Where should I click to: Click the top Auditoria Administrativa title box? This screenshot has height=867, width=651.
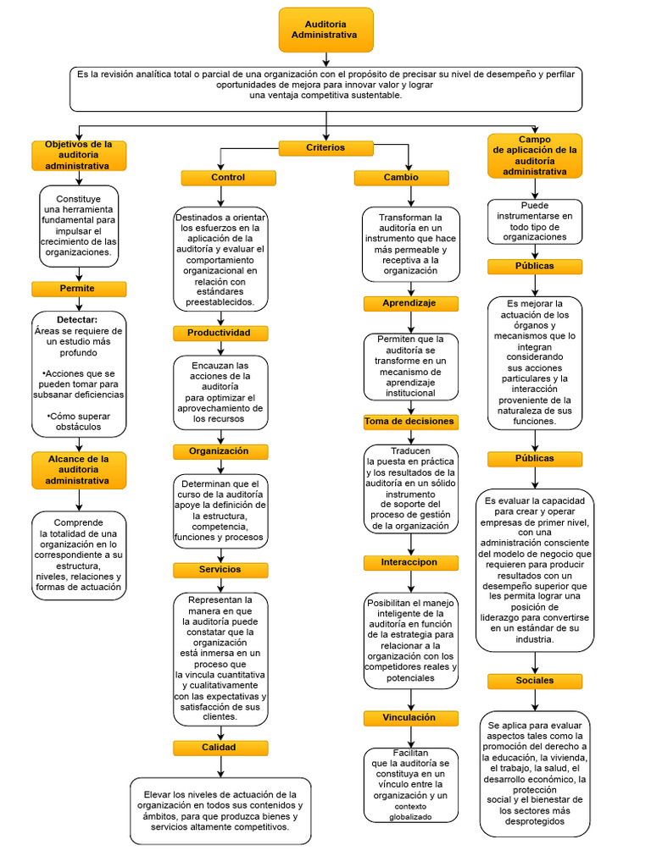click(x=325, y=30)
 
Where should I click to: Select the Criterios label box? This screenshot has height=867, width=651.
click(x=325, y=148)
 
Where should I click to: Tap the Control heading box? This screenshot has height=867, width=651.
click(x=228, y=178)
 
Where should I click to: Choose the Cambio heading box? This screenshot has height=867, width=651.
click(x=401, y=178)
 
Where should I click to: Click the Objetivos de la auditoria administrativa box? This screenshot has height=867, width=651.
click(x=78, y=156)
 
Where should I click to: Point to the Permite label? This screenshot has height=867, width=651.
click(x=78, y=289)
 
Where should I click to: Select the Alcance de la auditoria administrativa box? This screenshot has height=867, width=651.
click(x=78, y=470)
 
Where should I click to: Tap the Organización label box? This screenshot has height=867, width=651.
click(x=220, y=451)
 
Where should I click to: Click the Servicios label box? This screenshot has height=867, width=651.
click(x=220, y=570)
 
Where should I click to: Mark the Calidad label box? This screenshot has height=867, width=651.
click(x=220, y=748)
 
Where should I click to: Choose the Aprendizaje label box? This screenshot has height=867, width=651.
click(x=410, y=303)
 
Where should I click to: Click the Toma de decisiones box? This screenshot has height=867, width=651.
click(x=410, y=421)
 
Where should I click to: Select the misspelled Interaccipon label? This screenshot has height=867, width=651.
click(x=410, y=562)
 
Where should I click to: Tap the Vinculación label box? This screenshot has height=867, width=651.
click(x=410, y=718)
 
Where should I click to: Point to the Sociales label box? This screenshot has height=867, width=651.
click(x=534, y=681)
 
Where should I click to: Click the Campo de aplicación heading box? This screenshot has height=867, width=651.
click(x=534, y=156)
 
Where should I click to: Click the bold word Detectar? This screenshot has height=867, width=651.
click(x=78, y=319)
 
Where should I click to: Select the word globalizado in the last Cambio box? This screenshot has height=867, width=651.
click(x=410, y=817)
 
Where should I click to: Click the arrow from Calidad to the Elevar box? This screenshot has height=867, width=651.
click(x=220, y=766)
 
